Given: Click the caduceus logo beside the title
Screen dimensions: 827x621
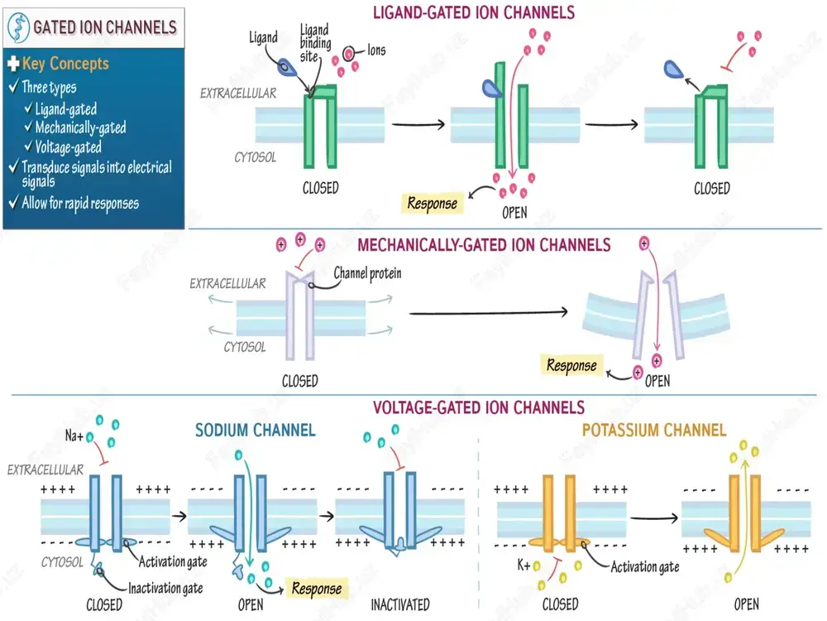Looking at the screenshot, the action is tap(18, 27).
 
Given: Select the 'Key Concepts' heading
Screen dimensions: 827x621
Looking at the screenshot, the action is tap(65, 64).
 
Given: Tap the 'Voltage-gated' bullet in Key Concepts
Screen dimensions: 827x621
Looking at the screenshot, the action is tap(68, 147).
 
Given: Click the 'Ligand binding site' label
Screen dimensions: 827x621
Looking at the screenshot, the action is tap(315, 43).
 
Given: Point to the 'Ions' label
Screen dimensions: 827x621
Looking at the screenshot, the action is tap(376, 51).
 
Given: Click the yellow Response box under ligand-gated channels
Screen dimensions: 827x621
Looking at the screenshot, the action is tap(433, 204).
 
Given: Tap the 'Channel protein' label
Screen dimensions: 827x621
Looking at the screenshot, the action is tap(368, 273).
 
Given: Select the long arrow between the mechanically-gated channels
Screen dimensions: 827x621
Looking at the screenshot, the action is tap(489, 313).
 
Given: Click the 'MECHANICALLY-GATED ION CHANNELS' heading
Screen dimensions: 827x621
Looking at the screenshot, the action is tap(484, 245).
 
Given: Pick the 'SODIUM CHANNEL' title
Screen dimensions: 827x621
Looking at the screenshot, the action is tap(256, 431).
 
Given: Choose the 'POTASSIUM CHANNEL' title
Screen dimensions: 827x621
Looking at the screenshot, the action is tap(654, 431).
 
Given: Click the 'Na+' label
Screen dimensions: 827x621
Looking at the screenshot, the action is tap(74, 436).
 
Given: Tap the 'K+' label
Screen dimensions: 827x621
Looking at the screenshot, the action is tap(523, 566).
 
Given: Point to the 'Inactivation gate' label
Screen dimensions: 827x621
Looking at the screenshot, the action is tap(165, 588).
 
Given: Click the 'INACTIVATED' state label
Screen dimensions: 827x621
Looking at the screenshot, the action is tap(400, 604).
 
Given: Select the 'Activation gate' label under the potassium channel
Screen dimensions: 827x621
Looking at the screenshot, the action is tap(645, 567).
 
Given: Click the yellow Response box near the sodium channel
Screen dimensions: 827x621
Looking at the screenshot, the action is tap(317, 588).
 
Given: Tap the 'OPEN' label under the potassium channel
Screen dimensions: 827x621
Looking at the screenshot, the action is tap(746, 604).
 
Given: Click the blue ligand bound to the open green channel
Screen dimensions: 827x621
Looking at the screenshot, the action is tap(491, 89).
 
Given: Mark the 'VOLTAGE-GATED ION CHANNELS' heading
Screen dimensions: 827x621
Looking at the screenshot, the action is tap(478, 407).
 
